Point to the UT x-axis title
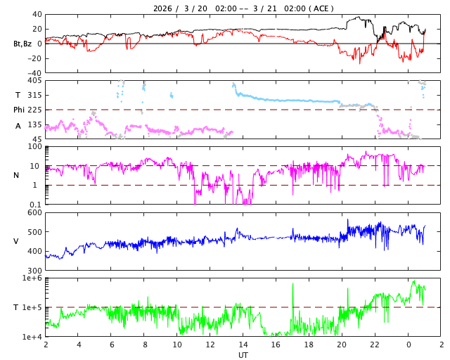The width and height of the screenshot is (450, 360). pyautogui.click(x=243, y=355)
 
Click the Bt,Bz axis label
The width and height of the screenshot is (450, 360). pyautogui.click(x=22, y=44)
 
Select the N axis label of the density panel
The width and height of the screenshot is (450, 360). pyautogui.click(x=17, y=175)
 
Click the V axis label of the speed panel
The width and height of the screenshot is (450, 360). pyautogui.click(x=17, y=241)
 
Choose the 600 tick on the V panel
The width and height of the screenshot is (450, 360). pyautogui.click(x=34, y=212)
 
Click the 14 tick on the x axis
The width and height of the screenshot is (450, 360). pyautogui.click(x=243, y=345)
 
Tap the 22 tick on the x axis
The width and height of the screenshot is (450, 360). pyautogui.click(x=375, y=345)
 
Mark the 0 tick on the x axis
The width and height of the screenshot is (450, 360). pyautogui.click(x=409, y=345)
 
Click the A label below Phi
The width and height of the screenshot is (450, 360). pyautogui.click(x=18, y=126)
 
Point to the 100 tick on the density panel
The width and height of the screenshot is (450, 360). pyautogui.click(x=34, y=146)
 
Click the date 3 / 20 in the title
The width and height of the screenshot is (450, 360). pyautogui.click(x=191, y=8)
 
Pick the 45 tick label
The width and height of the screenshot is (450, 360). pyautogui.click(x=37, y=139)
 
